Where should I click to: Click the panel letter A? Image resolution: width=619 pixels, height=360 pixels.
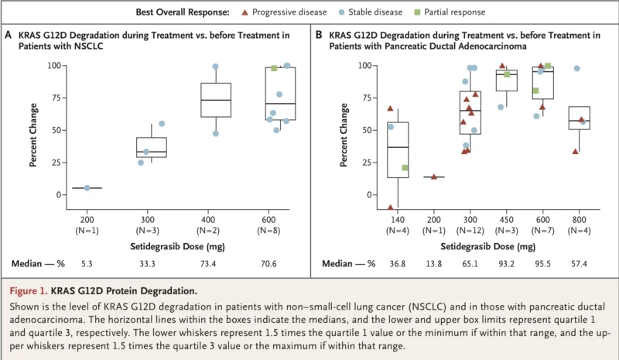[x=9, y=35]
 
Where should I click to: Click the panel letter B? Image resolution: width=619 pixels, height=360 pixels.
[x=318, y=35]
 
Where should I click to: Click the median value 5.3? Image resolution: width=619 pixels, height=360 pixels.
[x=87, y=263]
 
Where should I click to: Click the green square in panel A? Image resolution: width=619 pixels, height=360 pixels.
[x=274, y=68]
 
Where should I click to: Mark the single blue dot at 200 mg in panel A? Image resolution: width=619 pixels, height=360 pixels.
[x=87, y=187]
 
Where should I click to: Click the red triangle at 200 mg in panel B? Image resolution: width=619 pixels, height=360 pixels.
[x=434, y=177]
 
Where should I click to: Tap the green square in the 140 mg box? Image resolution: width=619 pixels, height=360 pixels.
[x=405, y=168]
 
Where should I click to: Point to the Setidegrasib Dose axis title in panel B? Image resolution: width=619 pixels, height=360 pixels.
[x=487, y=247]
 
